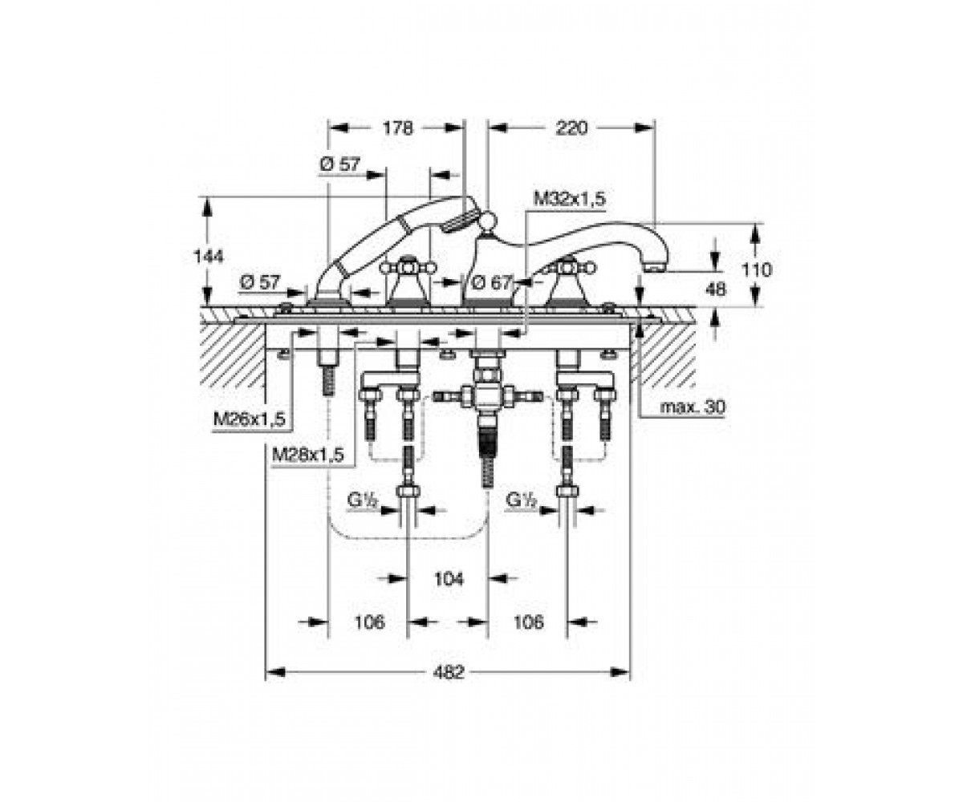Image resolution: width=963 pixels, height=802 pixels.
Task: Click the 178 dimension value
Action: tap(397, 128)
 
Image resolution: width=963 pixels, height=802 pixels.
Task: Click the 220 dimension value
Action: tap(571, 128)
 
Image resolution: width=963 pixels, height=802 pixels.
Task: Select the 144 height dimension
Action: tap(209, 257)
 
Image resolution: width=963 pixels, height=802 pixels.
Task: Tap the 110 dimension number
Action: tap(757, 269)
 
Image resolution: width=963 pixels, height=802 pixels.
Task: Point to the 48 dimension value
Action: tap(715, 289)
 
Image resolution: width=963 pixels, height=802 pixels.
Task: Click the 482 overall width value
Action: tap(449, 673)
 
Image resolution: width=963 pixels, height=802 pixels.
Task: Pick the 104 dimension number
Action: tap(449, 579)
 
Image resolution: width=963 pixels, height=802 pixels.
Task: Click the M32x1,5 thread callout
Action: tap(569, 200)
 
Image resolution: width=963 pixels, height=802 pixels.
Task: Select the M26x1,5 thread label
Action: tap(250, 419)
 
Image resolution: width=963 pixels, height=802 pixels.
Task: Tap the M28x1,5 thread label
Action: tap(308, 456)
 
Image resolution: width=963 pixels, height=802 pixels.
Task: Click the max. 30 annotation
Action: tap(693, 407)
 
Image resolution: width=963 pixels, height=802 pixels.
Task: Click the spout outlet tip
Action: tap(656, 267)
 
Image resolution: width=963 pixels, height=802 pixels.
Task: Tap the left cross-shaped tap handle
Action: tap(408, 267)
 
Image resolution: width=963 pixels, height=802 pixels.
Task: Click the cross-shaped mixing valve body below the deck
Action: tap(487, 395)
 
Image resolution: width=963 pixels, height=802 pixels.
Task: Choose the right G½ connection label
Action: tap(521, 500)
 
